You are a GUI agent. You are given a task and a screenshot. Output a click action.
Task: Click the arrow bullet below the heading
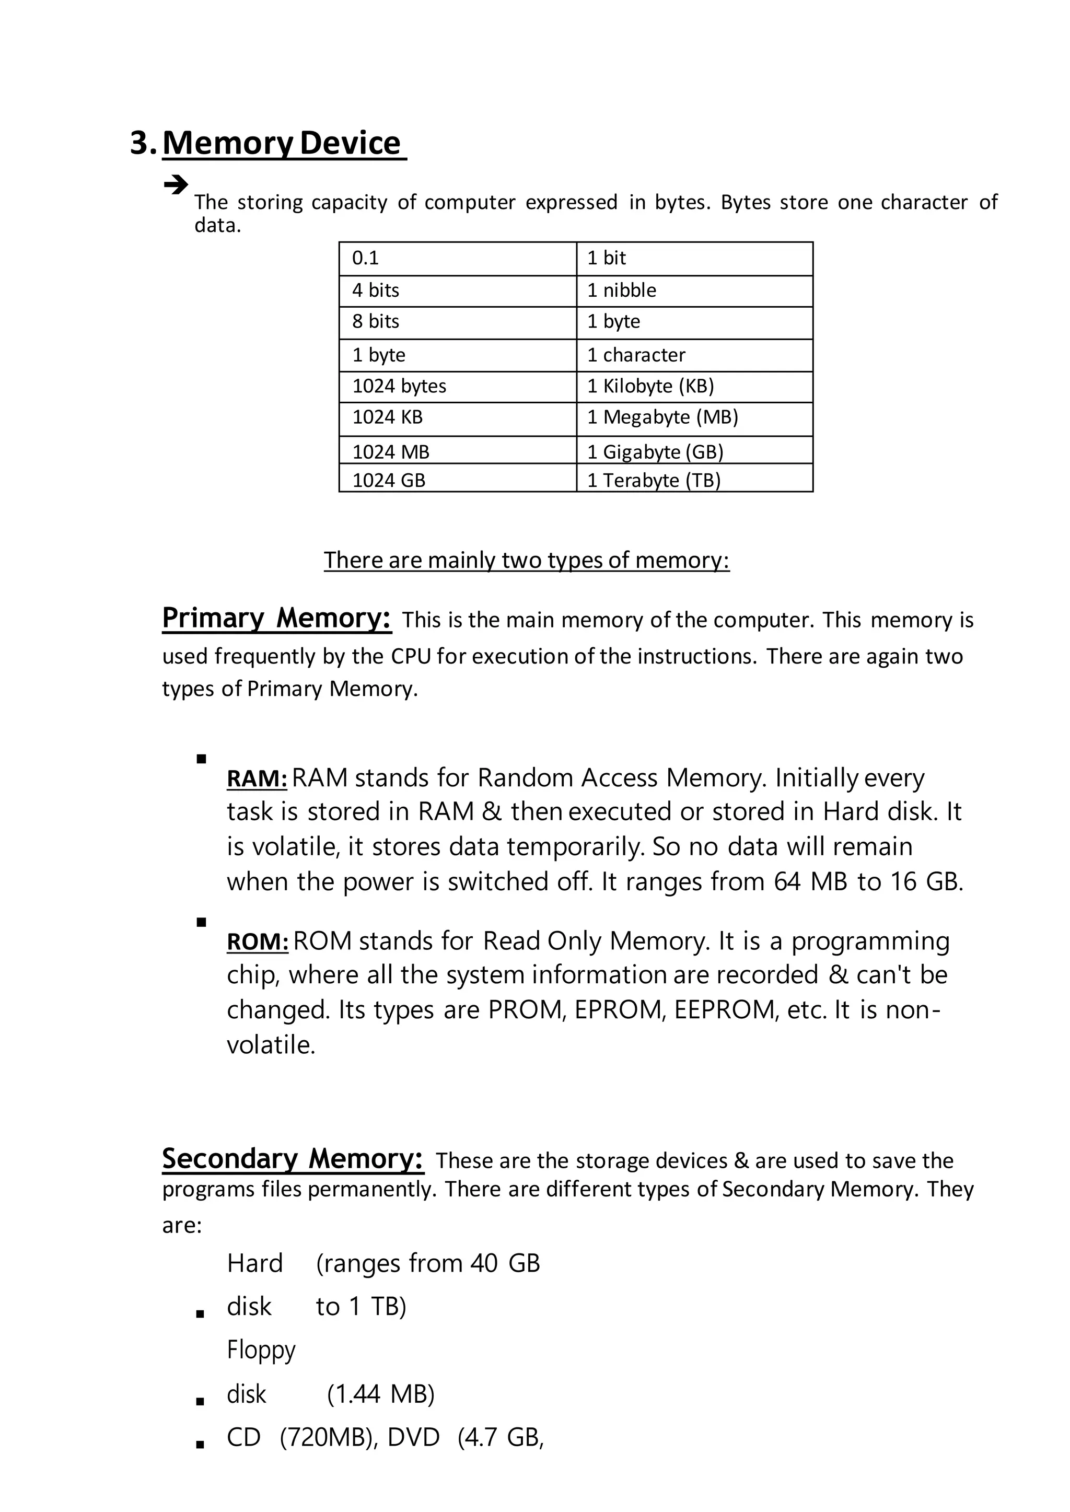[175, 184]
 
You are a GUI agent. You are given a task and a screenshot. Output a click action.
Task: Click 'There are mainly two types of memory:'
[527, 560]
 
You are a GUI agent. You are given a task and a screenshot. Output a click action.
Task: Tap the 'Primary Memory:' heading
[277, 618]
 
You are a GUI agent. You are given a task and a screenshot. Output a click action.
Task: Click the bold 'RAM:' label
[257, 779]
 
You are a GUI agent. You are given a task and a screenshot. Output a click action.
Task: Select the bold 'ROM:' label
[257, 942]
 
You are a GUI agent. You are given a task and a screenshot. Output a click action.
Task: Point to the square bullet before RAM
[202, 759]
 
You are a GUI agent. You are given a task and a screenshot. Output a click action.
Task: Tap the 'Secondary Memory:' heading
[293, 1159]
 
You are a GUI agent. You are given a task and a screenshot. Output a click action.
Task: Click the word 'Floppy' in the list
[261, 1350]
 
